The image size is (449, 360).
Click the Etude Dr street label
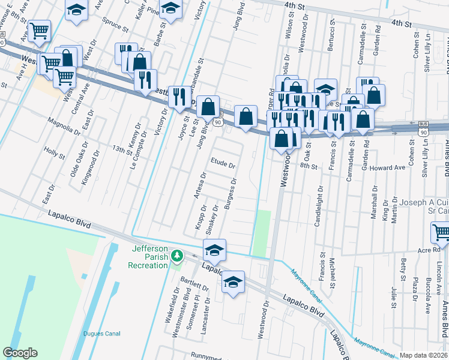coord(223,164)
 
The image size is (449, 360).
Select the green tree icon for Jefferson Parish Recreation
coord(176,256)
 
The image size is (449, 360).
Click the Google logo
coord(20,353)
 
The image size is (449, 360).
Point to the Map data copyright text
coord(424,355)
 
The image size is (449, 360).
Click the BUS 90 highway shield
coord(424,128)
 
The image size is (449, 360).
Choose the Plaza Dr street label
coord(415,289)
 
